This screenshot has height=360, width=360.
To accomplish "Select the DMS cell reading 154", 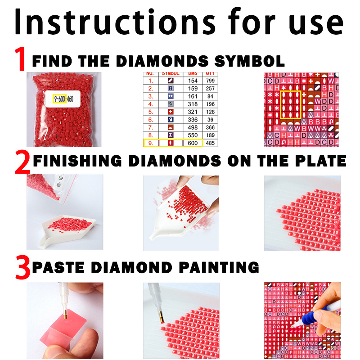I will (x=193, y=81).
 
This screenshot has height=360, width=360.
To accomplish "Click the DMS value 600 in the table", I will (x=193, y=143).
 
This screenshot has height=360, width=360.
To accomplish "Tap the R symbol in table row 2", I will (x=171, y=89).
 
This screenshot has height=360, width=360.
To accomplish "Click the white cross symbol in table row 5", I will (x=171, y=112).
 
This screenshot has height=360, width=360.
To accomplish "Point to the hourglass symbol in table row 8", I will (x=171, y=135).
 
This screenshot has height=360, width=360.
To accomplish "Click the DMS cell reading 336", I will (x=193, y=120).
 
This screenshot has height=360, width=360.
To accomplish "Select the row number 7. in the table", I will (x=151, y=127).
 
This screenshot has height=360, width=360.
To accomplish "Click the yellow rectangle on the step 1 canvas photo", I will (x=290, y=105).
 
